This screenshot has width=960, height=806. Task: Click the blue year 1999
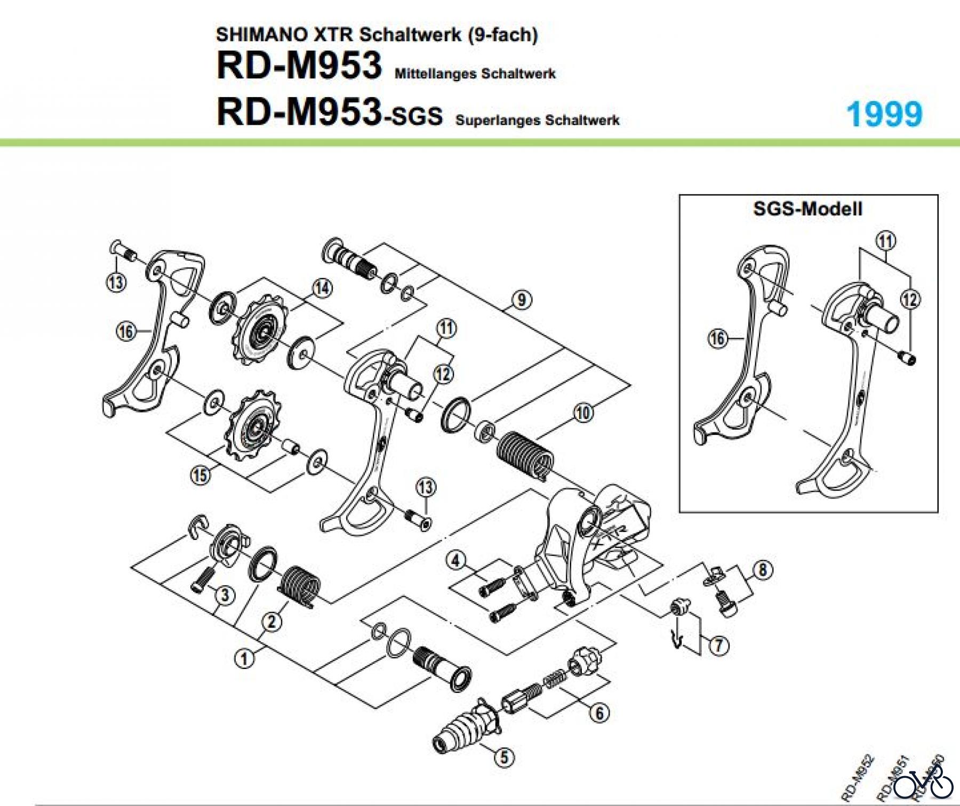(884, 114)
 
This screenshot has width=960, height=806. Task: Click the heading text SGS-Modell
(807, 208)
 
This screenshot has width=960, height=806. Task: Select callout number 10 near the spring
(583, 413)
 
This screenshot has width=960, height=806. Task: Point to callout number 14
(322, 288)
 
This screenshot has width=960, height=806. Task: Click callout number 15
(200, 474)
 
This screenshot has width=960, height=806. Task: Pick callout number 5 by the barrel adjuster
(505, 757)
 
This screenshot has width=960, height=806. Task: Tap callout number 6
(599, 713)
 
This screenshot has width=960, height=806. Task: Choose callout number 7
(718, 646)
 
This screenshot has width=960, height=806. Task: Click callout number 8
(763, 570)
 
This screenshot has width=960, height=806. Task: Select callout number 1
(244, 659)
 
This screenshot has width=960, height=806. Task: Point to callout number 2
(271, 622)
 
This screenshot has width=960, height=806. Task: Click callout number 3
(225, 595)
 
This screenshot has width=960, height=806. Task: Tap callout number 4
(455, 560)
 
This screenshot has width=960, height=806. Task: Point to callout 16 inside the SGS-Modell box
(717, 338)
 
